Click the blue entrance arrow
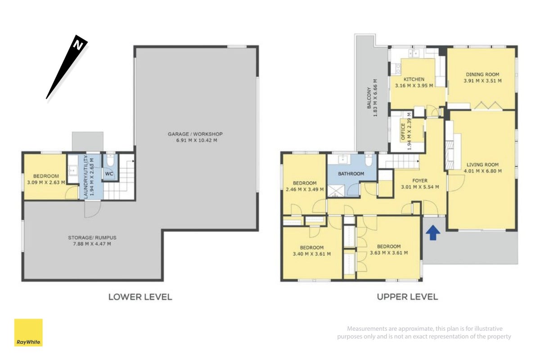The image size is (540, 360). pos(433,233)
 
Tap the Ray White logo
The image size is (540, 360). pos(28,333)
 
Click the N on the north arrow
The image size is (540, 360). pos(78,45)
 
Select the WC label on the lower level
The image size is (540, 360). pos(109,174)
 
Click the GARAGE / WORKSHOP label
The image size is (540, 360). pos(195,134)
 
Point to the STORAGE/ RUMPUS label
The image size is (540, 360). pos(92,238)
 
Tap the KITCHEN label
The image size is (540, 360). pos(414,79)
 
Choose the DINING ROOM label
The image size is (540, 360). pos(482,75)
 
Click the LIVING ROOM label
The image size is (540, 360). pos(482,165)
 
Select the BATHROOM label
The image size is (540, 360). pos(351,174)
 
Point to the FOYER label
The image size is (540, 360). pos(420,180)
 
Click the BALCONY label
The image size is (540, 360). pos(369,98)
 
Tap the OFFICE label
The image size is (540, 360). pos(403,132)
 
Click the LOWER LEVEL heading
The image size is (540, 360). pos(140,297)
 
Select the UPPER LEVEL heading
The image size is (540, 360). pos(407,297)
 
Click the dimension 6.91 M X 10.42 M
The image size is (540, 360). pos(197,140)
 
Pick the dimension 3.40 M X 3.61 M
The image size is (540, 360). pos(312,254)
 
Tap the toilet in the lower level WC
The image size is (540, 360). pos(110,160)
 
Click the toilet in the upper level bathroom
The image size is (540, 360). pos(369,160)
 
